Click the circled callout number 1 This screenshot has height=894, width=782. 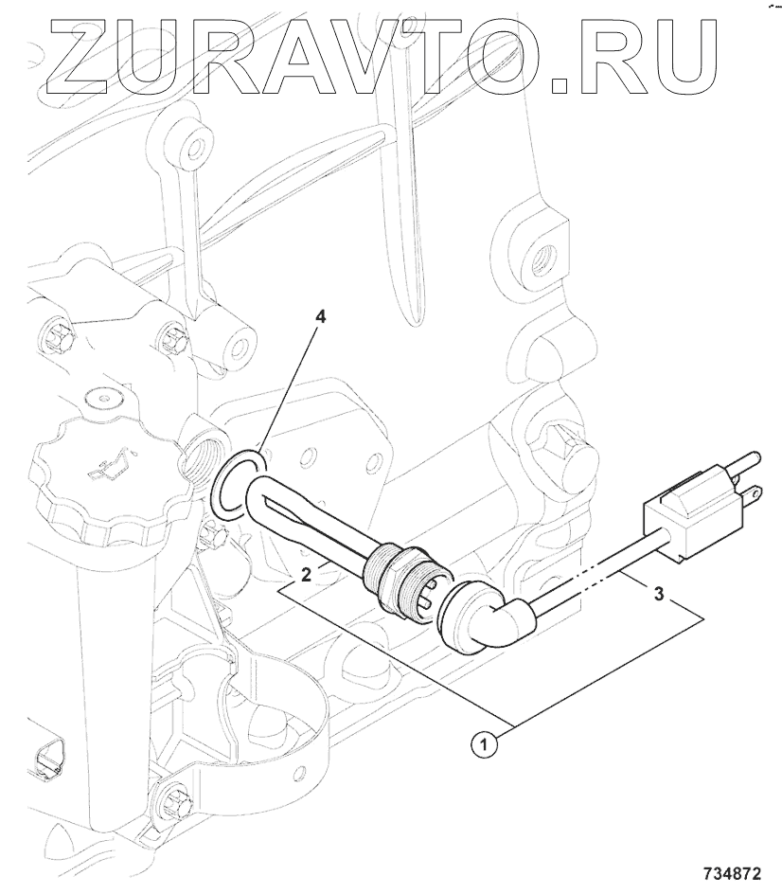(x=485, y=744)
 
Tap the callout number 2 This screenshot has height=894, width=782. (x=307, y=575)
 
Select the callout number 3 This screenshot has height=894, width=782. (x=659, y=594)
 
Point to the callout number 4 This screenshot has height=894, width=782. (x=321, y=317)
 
